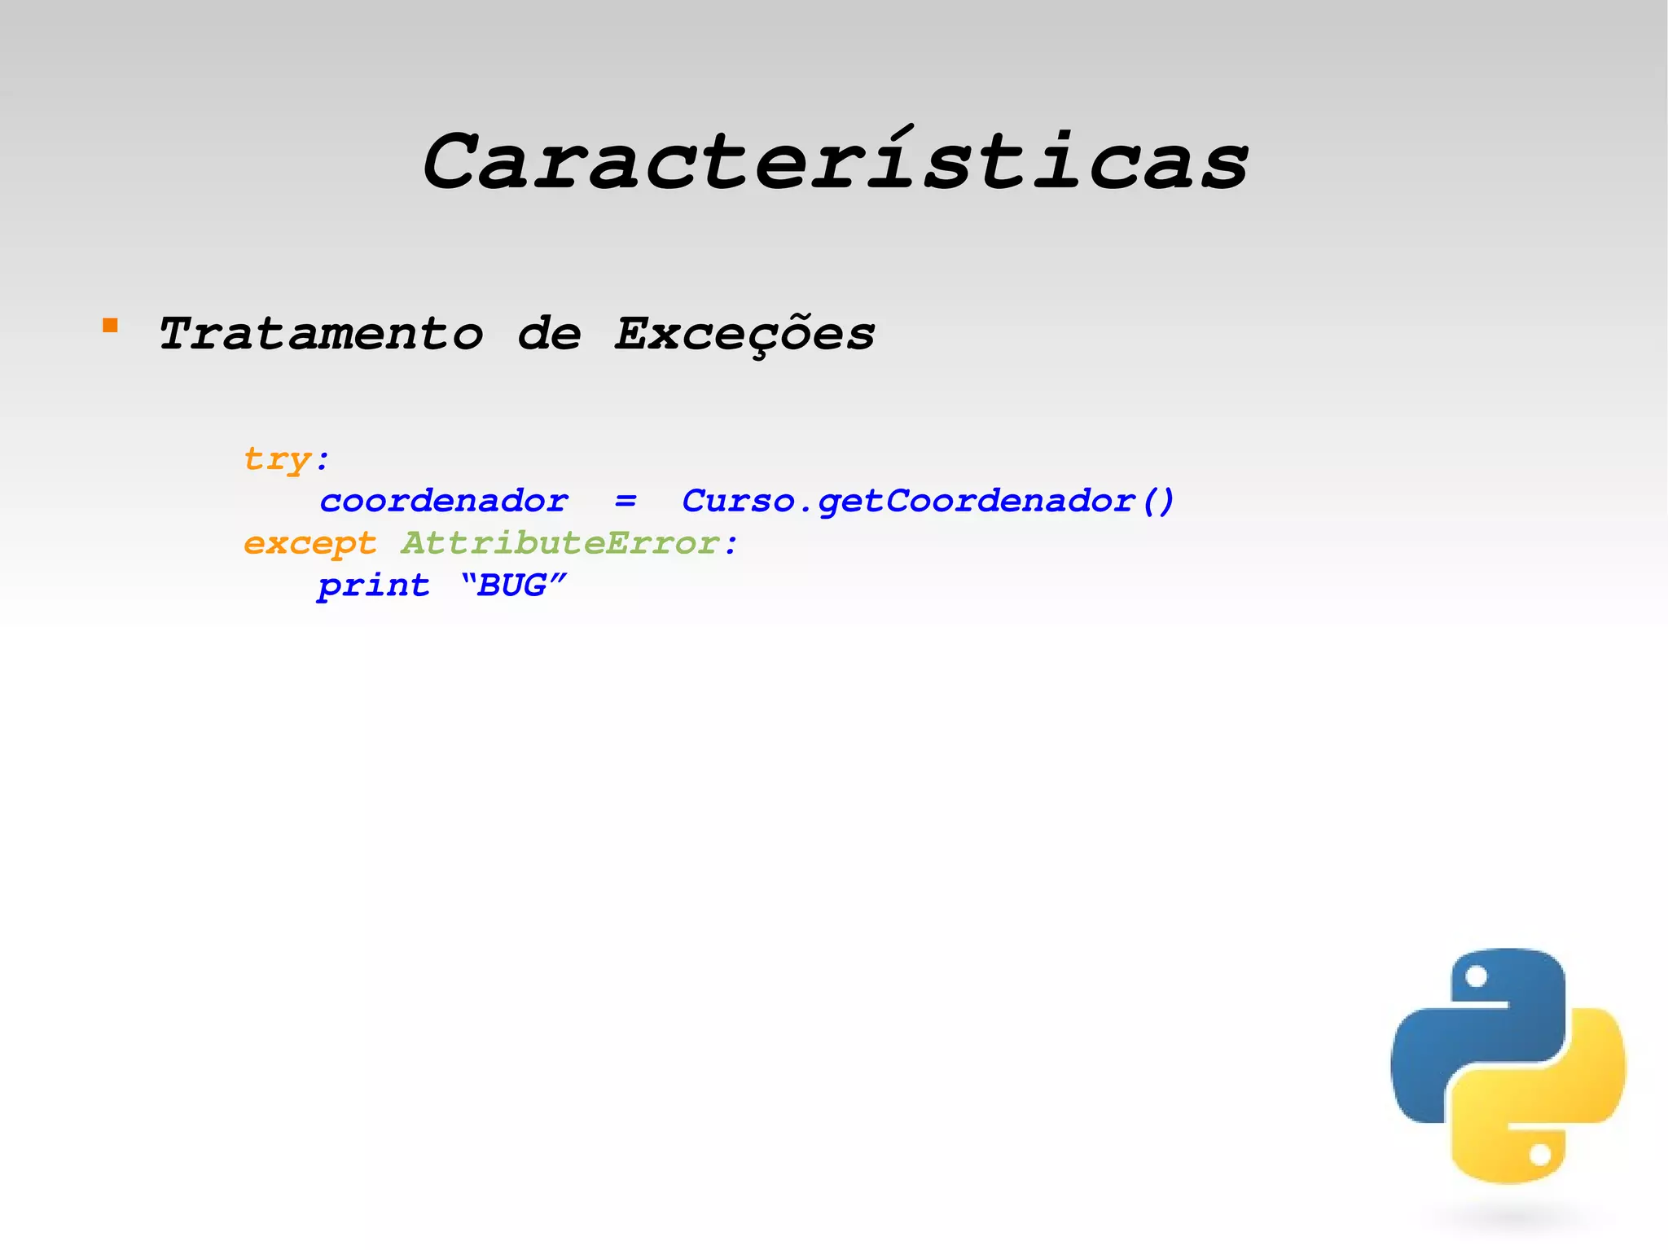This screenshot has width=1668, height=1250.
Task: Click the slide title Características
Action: coord(835,163)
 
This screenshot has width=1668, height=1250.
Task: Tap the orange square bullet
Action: coord(110,327)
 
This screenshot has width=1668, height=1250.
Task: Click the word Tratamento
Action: coord(321,334)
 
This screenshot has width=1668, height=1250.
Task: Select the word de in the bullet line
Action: coord(550,334)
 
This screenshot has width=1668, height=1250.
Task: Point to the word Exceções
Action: coord(744,334)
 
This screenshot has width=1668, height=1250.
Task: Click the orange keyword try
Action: coord(278,459)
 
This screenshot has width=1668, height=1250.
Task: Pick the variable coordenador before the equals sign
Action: coord(444,501)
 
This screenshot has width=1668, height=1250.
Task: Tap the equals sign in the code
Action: coord(625,501)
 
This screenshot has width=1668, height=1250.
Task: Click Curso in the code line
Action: coord(737,501)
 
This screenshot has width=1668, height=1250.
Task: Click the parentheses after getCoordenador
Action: coord(1158,501)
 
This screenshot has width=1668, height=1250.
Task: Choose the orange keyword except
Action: coord(310,543)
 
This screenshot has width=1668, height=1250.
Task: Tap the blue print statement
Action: coord(374,586)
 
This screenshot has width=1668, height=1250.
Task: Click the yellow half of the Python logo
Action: coord(1547,1116)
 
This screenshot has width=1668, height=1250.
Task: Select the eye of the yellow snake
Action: coord(1539,1155)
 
